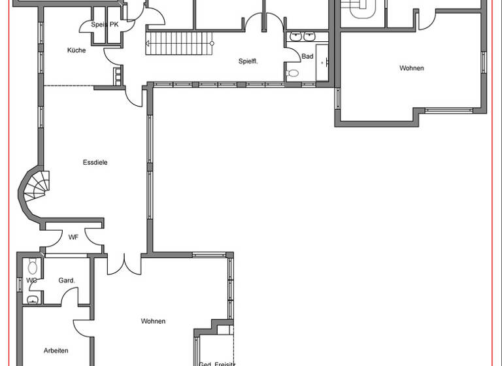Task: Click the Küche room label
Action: click(76, 50)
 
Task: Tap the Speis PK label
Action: click(105, 24)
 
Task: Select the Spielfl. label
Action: click(248, 61)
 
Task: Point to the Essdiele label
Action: click(95, 162)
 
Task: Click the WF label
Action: click(73, 237)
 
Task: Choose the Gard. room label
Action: click(67, 280)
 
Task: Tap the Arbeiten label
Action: click(56, 350)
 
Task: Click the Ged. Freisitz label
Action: click(216, 363)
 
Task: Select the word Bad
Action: click(307, 56)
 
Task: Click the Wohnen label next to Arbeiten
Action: click(153, 321)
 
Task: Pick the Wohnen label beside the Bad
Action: click(412, 68)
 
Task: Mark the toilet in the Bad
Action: click(293, 73)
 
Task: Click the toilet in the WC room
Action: click(33, 267)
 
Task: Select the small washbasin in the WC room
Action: click(33, 299)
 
